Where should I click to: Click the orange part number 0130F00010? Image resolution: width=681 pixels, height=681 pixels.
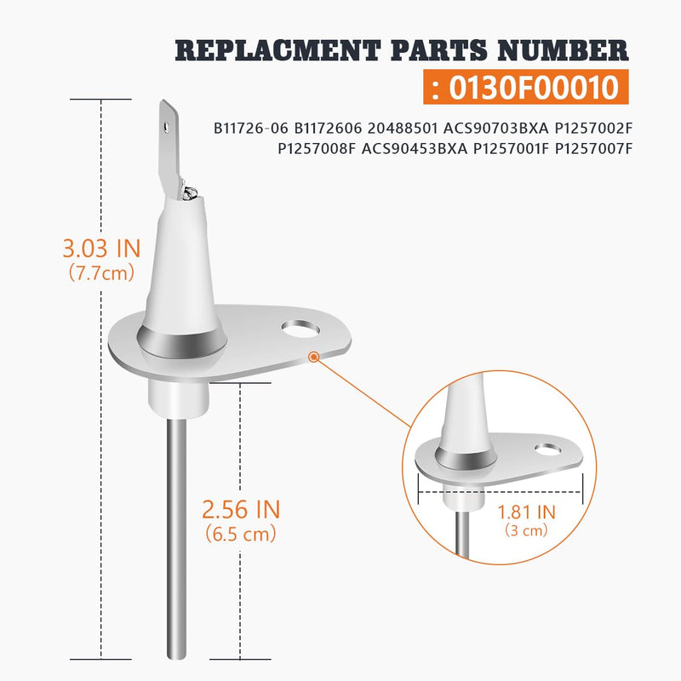(534, 88)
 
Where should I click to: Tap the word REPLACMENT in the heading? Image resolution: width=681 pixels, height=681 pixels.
(278, 50)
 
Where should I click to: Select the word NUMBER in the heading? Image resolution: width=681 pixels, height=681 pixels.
(563, 50)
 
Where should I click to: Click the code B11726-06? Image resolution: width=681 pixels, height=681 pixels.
(250, 129)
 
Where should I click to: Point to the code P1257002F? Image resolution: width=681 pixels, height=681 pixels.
(593, 129)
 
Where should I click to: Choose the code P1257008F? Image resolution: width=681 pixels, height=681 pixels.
(317, 149)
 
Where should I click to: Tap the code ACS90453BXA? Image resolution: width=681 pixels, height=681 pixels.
(415, 149)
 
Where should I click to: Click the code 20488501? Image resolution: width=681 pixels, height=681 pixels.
(403, 129)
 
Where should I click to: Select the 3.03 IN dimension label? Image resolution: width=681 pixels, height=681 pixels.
(101, 249)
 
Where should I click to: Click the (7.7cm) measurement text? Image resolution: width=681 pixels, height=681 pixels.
(101, 273)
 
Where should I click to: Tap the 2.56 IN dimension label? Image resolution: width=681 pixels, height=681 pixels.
(241, 509)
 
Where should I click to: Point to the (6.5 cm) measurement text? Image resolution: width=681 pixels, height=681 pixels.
(241, 534)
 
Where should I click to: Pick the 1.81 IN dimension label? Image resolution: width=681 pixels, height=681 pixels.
(526, 512)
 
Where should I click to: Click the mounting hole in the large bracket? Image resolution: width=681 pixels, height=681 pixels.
(300, 329)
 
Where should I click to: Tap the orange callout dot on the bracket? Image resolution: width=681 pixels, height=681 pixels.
(313, 357)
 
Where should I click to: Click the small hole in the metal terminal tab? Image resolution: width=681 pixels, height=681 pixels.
(165, 126)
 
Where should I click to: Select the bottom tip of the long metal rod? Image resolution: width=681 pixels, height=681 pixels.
(177, 658)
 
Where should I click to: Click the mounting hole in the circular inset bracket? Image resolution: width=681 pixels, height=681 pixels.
(547, 449)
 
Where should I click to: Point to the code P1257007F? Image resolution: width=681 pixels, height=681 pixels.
(593, 149)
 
